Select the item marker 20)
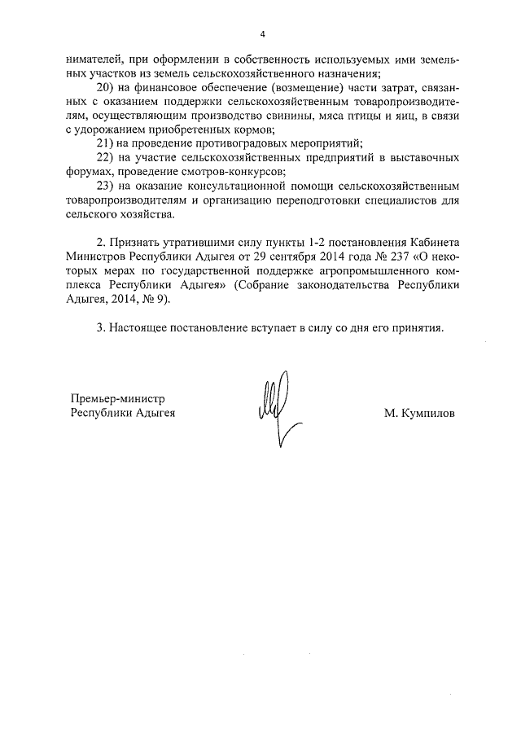[x=106, y=87]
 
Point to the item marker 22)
[x=106, y=156]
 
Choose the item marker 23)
[x=106, y=185]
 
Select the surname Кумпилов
[x=421, y=413]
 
